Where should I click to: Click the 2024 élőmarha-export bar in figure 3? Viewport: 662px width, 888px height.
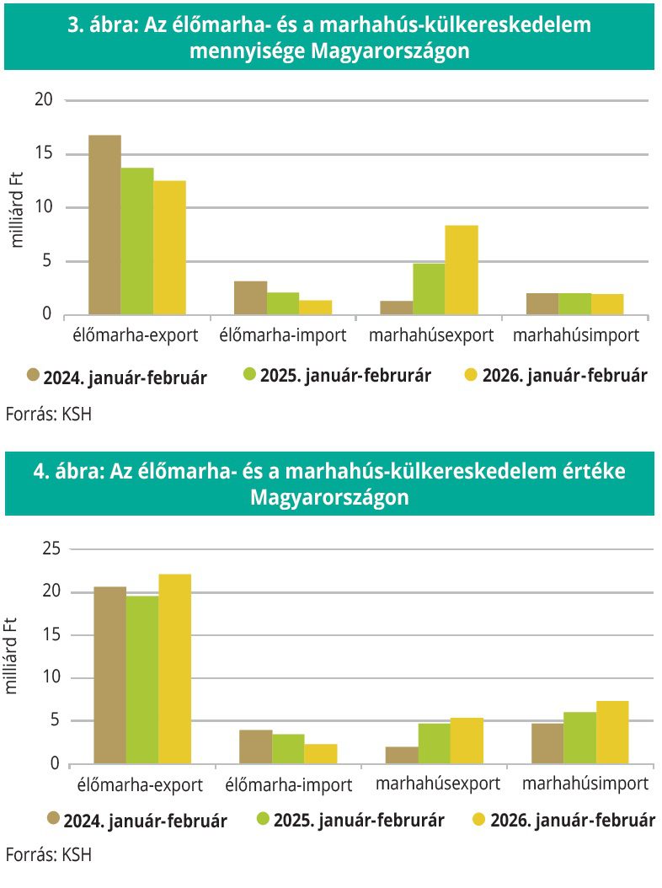click(x=104, y=225)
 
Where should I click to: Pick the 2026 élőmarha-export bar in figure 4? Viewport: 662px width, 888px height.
click(x=174, y=669)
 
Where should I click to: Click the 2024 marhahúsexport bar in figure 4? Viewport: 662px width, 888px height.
click(x=403, y=755)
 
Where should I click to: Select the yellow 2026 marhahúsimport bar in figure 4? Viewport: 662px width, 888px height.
click(x=612, y=732)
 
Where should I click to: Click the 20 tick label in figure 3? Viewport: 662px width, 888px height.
click(x=44, y=100)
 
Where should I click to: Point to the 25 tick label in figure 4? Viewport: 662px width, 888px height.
click(x=51, y=548)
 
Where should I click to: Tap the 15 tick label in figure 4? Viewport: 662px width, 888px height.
click(x=51, y=634)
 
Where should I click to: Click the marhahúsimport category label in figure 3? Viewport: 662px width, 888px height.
click(x=575, y=335)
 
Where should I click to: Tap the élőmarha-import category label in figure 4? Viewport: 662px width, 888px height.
click(x=289, y=784)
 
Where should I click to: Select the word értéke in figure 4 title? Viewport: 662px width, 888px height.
click(x=591, y=471)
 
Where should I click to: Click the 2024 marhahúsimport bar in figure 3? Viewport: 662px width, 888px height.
click(x=542, y=304)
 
